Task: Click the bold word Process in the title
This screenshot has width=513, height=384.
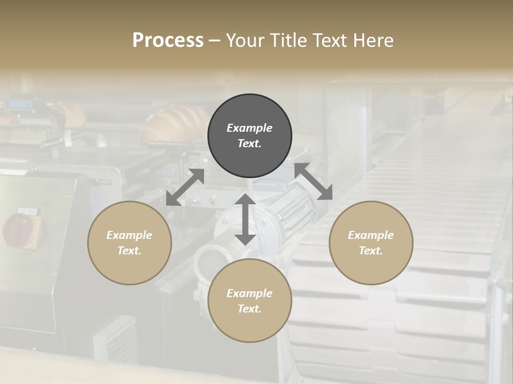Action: coord(168,41)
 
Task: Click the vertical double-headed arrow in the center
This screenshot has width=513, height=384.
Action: coord(245,219)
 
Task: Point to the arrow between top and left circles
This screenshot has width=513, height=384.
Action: coord(185,187)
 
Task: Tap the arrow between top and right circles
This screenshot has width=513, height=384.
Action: coord(314,182)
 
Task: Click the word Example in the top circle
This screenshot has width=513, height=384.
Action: coord(250,128)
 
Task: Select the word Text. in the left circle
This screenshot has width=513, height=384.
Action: coord(129,251)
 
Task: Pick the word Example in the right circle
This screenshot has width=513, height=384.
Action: coord(371,235)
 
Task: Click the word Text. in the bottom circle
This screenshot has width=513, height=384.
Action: coord(250,309)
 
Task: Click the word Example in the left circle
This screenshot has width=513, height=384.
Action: coord(129,235)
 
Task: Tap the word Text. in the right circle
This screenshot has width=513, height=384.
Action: coord(371,251)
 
